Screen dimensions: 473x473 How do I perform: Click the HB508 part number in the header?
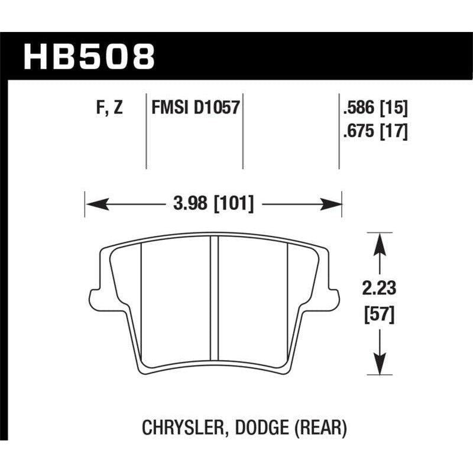pos(89,56)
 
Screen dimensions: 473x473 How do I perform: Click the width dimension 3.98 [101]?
pos(214,205)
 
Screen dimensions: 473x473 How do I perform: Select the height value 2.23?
pos(378,290)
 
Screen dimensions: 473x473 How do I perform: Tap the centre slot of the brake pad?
pos(215,302)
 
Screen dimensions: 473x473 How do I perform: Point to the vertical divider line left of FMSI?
pos(146,130)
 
